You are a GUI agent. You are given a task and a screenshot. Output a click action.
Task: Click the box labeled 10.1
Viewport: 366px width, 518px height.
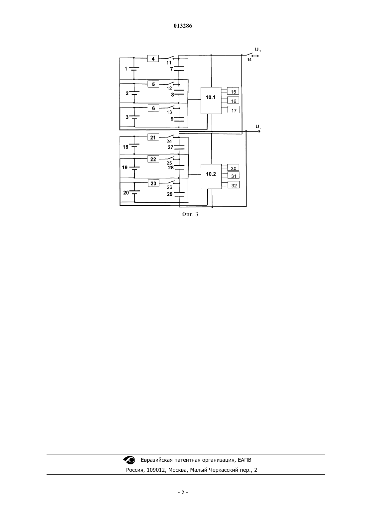[211, 101]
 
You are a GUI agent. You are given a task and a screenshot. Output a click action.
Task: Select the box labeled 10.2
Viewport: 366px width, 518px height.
[211, 176]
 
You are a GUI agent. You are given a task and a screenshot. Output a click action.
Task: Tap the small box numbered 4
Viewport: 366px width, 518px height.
[153, 59]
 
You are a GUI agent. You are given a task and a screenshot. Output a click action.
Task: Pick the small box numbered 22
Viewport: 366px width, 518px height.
[153, 159]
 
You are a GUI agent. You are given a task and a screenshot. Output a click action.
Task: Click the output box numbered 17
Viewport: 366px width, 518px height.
[233, 110]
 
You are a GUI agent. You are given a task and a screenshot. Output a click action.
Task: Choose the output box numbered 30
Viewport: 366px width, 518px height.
[233, 167]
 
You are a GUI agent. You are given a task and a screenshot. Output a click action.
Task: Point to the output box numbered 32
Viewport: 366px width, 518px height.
[234, 185]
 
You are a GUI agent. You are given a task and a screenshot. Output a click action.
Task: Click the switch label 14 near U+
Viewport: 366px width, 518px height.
[249, 60]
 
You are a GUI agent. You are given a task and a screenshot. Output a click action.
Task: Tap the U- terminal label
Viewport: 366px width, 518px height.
[258, 127]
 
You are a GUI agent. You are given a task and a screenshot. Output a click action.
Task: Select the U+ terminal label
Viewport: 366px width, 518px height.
[258, 50]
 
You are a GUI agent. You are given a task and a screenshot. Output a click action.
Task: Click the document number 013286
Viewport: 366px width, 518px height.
[183, 26]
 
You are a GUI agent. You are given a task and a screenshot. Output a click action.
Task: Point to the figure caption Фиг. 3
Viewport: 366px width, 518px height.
[190, 214]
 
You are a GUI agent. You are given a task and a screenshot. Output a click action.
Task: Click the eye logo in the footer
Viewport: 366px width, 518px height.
[129, 460]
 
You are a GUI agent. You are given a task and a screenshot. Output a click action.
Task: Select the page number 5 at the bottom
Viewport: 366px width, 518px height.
[183, 492]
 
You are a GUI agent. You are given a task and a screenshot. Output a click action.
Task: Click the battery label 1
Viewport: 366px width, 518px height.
[126, 69]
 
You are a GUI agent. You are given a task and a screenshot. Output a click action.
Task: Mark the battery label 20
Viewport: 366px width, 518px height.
[126, 192]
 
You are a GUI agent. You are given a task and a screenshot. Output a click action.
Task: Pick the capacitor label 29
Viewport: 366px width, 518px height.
[170, 194]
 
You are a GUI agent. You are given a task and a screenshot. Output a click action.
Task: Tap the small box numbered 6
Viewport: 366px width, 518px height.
[153, 108]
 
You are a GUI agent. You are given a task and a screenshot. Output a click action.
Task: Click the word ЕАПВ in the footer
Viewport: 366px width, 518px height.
[244, 460]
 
